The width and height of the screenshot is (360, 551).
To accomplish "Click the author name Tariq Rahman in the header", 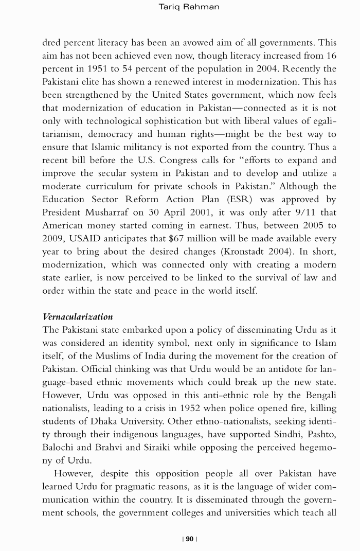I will coord(182,7).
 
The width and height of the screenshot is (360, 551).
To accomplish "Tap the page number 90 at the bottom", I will coord(190,539).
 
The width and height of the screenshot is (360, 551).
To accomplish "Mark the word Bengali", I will coord(320,395).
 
